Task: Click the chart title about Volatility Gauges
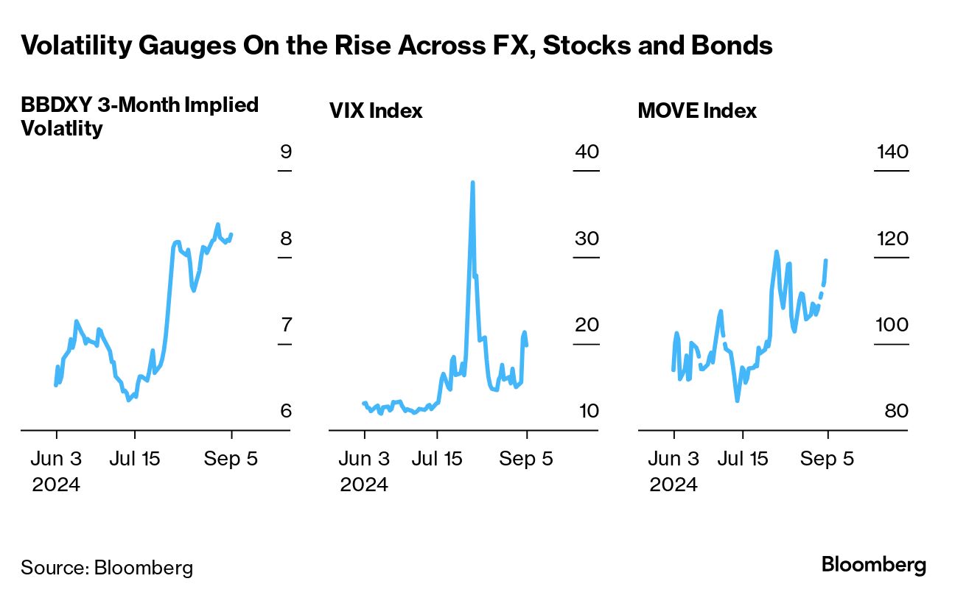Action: click(396, 46)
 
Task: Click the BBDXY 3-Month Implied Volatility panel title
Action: click(140, 116)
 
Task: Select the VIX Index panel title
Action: click(376, 111)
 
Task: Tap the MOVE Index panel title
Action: click(697, 111)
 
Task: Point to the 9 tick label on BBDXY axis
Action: click(286, 152)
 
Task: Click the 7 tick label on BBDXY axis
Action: click(286, 325)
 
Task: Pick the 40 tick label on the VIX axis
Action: click(587, 152)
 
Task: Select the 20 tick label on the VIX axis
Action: click(587, 325)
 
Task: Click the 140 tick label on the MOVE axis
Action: click(892, 152)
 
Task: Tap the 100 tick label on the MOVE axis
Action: click(892, 325)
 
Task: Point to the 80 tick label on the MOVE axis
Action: click(897, 411)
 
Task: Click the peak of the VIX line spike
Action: click(472, 182)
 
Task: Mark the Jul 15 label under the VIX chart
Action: click(438, 459)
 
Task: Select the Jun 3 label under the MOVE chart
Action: click(674, 459)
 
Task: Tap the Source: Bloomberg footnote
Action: click(107, 568)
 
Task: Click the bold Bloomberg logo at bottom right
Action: click(874, 566)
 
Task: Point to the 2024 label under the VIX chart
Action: click(364, 485)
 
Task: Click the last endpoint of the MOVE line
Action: click(827, 260)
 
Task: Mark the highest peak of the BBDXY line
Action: click(217, 224)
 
